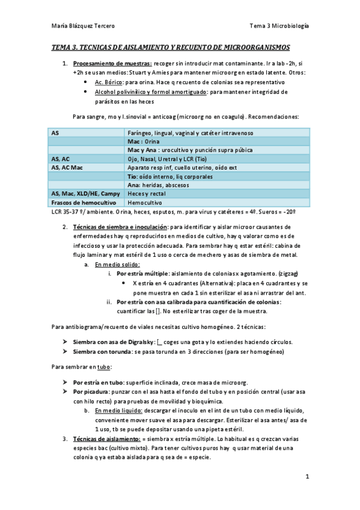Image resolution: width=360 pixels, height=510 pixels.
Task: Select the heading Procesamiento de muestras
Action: click(x=112, y=63)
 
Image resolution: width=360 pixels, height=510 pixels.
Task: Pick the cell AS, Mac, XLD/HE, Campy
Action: click(x=86, y=194)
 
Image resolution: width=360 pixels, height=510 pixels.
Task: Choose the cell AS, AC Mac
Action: click(x=67, y=167)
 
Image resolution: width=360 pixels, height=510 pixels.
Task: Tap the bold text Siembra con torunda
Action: click(x=100, y=351)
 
